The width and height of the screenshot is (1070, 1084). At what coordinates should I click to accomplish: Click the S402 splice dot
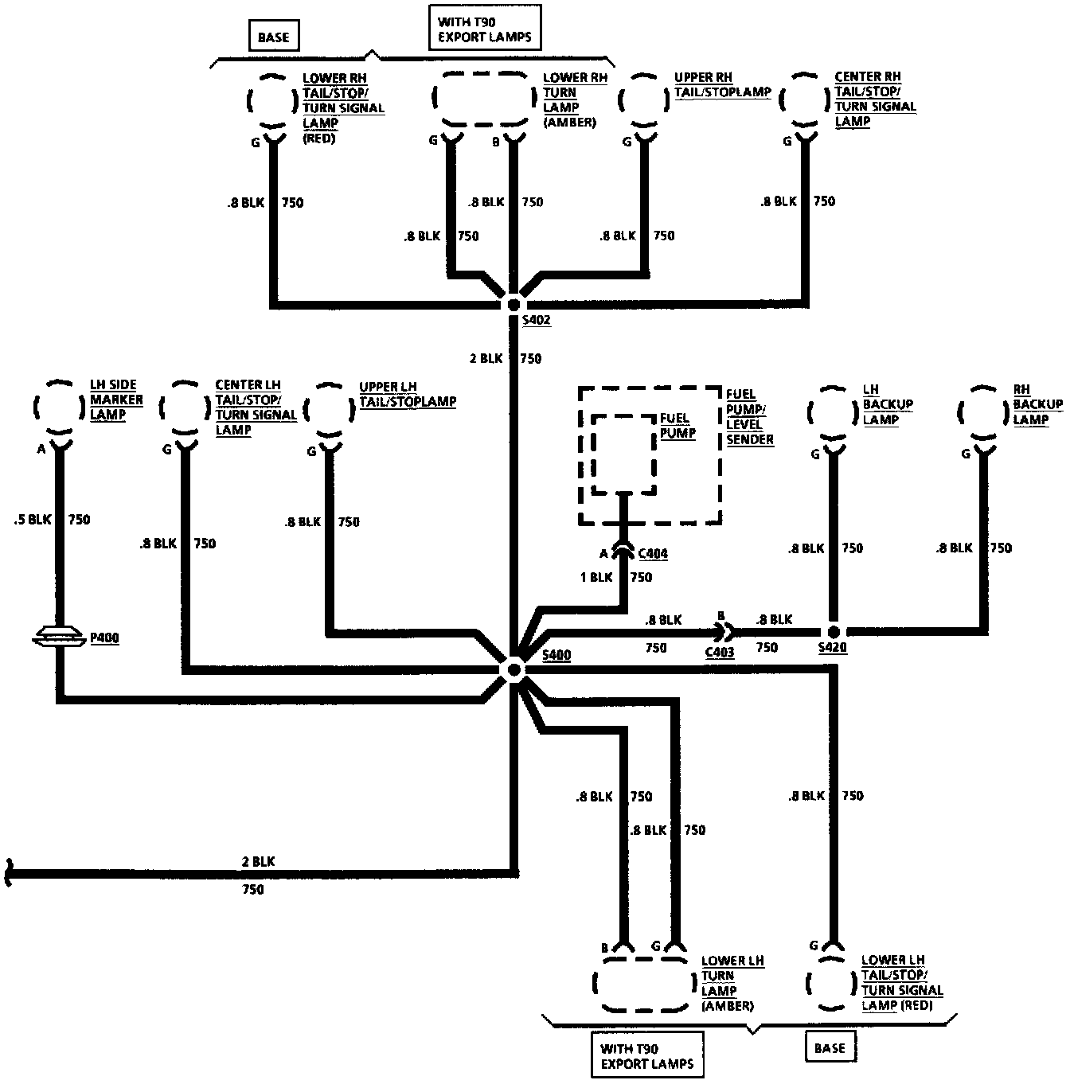pos(514,304)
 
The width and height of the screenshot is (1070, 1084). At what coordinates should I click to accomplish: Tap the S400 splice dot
pos(514,669)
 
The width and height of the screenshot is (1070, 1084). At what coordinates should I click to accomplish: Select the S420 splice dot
pos(833,630)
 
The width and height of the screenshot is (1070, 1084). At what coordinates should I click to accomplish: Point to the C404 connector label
pos(652,554)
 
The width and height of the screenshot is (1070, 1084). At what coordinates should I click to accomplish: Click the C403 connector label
pos(720,652)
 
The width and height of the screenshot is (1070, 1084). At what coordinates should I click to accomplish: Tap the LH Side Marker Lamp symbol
pos(60,407)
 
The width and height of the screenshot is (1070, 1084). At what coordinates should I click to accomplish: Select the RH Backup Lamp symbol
pos(983,411)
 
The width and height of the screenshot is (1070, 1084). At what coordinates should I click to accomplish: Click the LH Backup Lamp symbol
pos(833,411)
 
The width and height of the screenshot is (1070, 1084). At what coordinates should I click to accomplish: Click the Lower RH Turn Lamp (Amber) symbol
pos(483,99)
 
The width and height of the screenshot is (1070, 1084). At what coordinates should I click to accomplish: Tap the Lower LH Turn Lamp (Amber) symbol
pos(643,984)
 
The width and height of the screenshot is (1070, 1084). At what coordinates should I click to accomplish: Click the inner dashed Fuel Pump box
pos(623,454)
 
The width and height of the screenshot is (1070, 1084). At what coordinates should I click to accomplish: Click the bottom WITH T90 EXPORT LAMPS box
pos(646,1056)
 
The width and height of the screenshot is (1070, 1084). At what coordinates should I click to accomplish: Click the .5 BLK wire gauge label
pos(32,520)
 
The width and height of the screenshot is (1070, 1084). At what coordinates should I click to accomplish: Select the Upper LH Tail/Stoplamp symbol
pos(332,407)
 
